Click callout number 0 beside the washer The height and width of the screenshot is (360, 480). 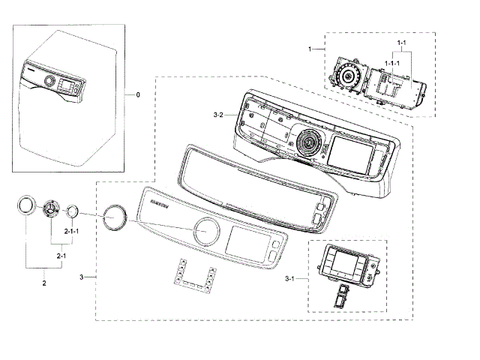click(137, 96)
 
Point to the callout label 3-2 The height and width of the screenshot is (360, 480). click(218, 115)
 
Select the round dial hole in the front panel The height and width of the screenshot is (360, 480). click(205, 232)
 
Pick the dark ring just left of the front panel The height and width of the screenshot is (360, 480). click(115, 217)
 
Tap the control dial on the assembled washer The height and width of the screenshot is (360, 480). click(50, 80)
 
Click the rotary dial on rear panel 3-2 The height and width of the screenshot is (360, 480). click(307, 141)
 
